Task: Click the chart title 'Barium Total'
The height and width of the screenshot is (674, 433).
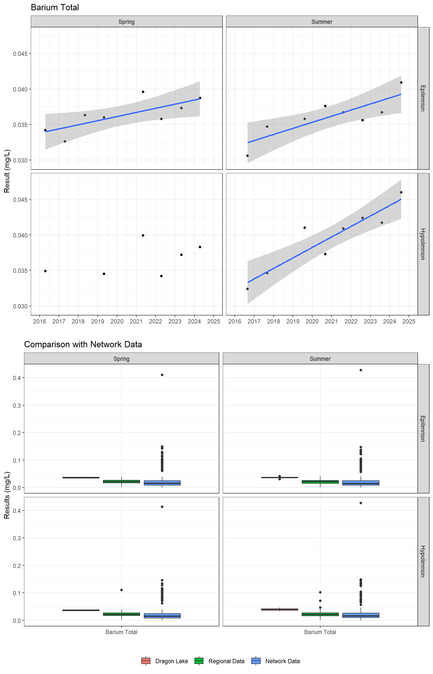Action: tap(55, 8)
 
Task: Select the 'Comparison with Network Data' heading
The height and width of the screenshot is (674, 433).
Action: tap(83, 344)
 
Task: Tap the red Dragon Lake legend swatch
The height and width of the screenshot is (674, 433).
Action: tap(146, 661)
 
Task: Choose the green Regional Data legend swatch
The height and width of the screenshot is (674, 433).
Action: tap(199, 661)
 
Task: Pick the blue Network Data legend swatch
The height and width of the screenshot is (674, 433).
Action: tap(256, 661)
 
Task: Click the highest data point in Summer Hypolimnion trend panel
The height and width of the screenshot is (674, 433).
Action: tap(401, 192)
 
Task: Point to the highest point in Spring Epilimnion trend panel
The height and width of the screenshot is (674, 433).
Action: tap(143, 92)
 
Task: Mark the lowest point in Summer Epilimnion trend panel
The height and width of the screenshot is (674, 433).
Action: tap(247, 155)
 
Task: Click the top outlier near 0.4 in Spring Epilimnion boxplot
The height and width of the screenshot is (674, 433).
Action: tap(162, 375)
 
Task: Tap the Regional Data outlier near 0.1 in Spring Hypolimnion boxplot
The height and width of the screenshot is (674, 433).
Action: tap(122, 590)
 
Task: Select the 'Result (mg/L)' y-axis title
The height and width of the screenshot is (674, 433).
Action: tap(7, 171)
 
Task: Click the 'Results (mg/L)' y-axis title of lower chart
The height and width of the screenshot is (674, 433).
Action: tap(7, 495)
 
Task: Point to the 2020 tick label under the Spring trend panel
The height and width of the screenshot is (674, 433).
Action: tap(117, 321)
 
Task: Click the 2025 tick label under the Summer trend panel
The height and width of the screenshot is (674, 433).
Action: tap(408, 321)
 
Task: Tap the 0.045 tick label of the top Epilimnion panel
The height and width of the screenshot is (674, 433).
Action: tap(20, 54)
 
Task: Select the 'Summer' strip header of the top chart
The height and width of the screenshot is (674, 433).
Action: tap(322, 22)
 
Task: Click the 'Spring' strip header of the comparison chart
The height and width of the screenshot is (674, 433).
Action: tap(122, 359)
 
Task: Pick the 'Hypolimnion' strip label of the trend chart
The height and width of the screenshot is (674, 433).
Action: tap(422, 244)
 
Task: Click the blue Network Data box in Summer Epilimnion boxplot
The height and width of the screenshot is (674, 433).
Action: tap(361, 483)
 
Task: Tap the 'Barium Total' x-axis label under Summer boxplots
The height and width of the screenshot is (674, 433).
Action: tap(320, 632)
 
